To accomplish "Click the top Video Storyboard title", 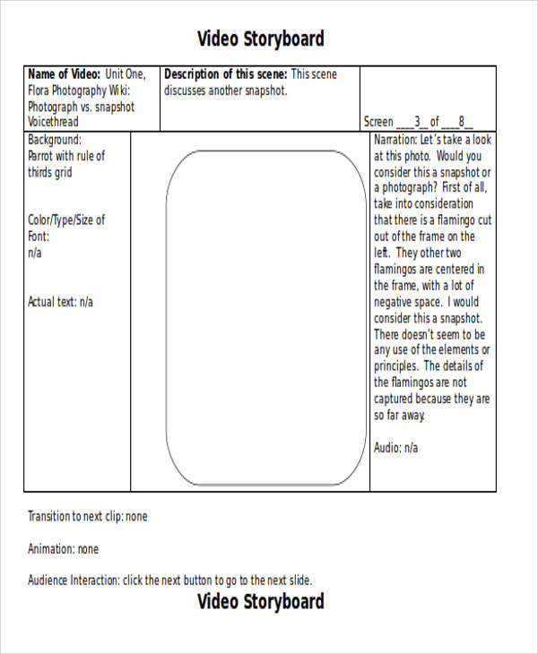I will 260,39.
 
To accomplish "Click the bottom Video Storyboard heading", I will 260,601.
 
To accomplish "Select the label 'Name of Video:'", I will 65,74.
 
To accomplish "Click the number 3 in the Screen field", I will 417,122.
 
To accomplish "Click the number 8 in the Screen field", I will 461,122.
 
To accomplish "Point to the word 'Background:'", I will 55,140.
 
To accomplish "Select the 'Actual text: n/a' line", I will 60,302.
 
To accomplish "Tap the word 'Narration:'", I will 395,140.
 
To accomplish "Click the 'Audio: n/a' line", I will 395,447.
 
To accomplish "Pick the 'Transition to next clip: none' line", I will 87,517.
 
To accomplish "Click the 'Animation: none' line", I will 63,549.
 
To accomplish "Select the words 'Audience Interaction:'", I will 74,581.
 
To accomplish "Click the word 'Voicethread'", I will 53,122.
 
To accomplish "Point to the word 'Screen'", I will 378,122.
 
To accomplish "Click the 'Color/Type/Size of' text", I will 66,220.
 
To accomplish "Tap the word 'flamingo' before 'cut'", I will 454,220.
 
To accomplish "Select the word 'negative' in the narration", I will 395,302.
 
